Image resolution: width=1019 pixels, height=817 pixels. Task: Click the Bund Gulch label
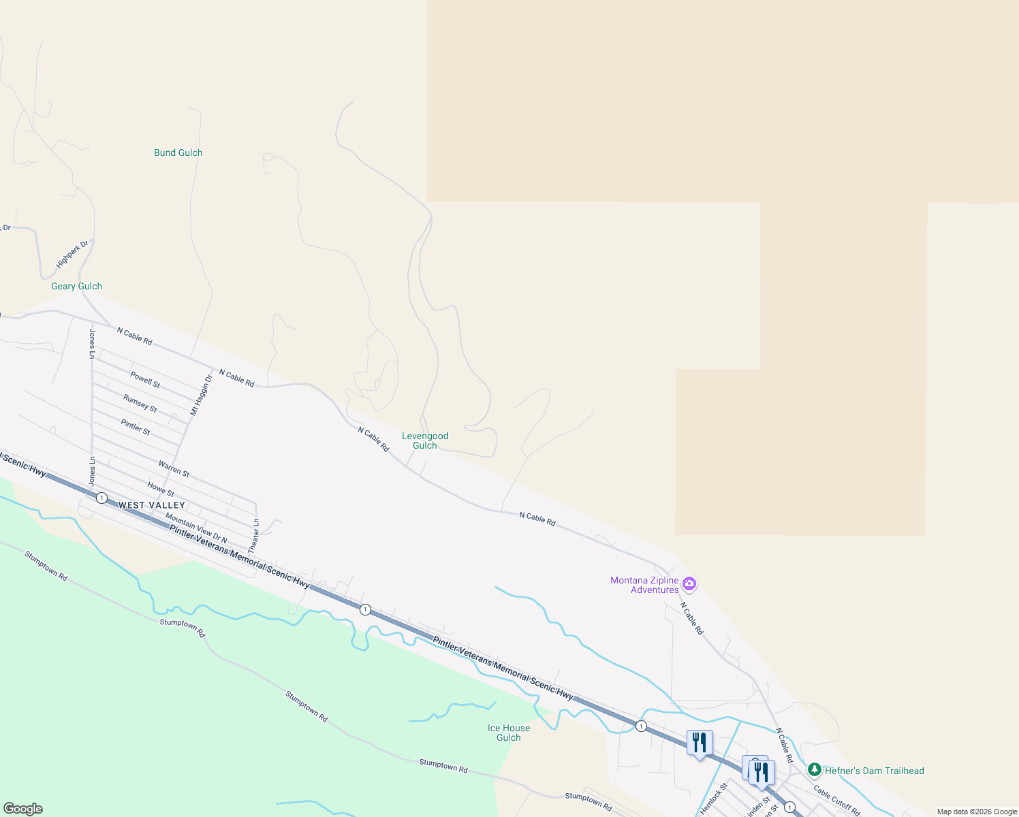(178, 153)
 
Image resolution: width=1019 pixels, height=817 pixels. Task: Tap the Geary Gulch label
(76, 286)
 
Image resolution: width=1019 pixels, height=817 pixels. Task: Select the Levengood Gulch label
(425, 440)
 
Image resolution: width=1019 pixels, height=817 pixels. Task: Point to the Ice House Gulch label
(509, 733)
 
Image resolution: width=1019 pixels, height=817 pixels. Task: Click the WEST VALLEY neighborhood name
(152, 505)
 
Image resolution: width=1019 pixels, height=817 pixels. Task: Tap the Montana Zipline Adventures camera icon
(689, 583)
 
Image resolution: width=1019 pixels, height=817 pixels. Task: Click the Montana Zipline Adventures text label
(644, 585)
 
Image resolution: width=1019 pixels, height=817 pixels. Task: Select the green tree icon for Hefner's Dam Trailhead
(814, 769)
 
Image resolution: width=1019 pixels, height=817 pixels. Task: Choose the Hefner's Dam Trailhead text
(875, 771)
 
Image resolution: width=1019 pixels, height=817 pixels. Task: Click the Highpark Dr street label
(72, 254)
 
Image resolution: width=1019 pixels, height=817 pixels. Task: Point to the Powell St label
(145, 380)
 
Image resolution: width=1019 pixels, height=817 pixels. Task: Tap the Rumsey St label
(140, 404)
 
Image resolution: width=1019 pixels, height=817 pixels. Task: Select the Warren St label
(174, 468)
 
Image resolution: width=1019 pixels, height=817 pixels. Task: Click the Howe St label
(161, 489)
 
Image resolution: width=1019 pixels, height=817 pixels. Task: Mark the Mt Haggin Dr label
(201, 395)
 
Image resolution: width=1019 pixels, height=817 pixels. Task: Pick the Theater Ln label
(255, 536)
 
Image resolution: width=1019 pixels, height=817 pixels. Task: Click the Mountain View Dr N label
(196, 528)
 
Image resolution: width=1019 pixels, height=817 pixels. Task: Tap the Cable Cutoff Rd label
(837, 801)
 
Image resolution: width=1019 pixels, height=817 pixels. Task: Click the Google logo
(23, 809)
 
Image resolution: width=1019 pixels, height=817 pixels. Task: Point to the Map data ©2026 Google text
(977, 812)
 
